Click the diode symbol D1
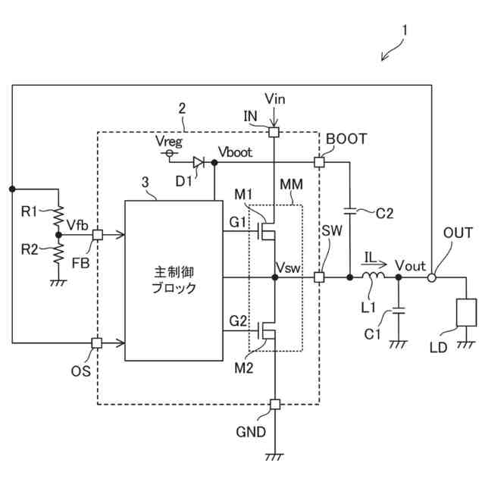(198, 162)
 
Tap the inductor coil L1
(374, 275)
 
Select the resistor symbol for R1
(58, 215)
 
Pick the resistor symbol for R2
(58, 253)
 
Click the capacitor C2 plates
(350, 211)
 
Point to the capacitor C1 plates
(399, 311)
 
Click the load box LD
(466, 312)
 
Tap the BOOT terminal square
(319, 162)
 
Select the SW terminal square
(319, 277)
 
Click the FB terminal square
(98, 235)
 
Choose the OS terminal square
(97, 343)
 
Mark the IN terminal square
(274, 133)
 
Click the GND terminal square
(274, 404)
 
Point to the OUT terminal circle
(432, 277)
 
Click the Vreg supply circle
(169, 153)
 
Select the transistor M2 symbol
(266, 330)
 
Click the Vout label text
(410, 266)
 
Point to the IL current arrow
(374, 264)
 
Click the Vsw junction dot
(274, 277)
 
